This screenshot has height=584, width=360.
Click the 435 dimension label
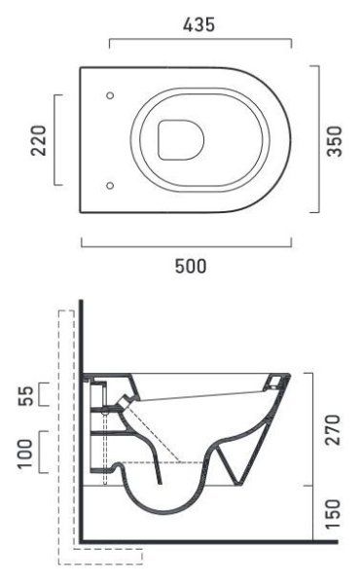click(x=198, y=25)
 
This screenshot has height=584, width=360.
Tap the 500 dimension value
click(x=191, y=267)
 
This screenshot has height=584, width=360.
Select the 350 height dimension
click(x=334, y=141)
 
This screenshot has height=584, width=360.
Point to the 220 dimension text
click(x=39, y=140)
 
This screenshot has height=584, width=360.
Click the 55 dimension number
click(x=25, y=395)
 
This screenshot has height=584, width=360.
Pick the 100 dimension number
click(x=25, y=454)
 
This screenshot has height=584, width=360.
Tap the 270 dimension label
click(x=333, y=430)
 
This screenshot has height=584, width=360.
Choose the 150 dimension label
click(x=333, y=514)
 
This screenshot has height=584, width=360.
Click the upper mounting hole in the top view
click(x=110, y=95)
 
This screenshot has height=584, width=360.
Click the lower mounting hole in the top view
click(x=110, y=185)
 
